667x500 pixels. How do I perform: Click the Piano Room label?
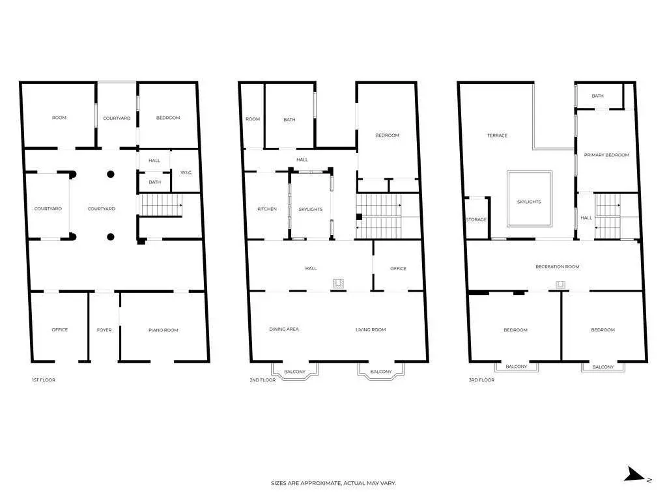[163, 330]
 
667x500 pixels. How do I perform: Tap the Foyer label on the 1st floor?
[104, 330]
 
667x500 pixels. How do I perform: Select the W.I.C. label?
[186, 173]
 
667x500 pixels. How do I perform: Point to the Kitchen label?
[267, 209]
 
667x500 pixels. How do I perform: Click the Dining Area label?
[284, 329]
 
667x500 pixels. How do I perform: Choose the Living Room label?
[371, 329]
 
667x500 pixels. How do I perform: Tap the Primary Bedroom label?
[606, 155]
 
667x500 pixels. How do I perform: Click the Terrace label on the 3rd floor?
[497, 135]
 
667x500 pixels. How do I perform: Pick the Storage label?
[476, 220]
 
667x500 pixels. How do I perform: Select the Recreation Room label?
[558, 266]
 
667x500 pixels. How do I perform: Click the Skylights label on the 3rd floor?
[529, 202]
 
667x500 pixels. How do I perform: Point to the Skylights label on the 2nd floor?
[311, 209]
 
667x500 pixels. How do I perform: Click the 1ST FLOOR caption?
[44, 380]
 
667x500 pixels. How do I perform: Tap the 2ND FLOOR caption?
[263, 380]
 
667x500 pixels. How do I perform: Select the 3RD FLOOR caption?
[481, 380]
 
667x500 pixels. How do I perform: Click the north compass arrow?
[634, 475]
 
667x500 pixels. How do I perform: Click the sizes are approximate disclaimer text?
[333, 483]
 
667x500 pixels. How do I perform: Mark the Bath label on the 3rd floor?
[598, 96]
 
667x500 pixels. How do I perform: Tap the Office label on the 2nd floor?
[398, 269]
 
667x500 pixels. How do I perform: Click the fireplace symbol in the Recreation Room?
[560, 285]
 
